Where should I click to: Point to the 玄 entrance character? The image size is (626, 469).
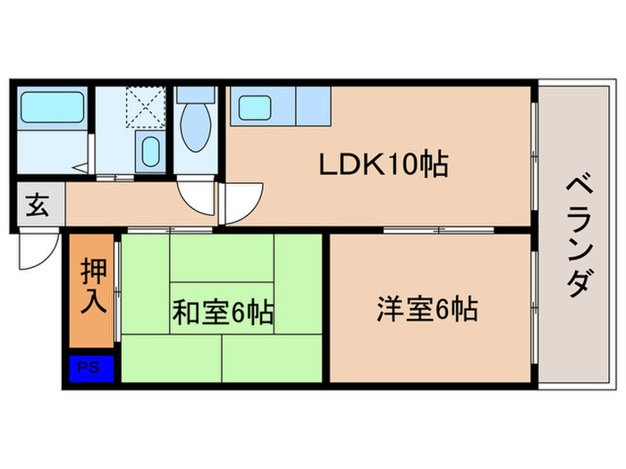37,205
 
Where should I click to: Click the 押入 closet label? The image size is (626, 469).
93,285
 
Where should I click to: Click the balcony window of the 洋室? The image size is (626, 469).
534,309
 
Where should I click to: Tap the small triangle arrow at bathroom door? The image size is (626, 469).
80,166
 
